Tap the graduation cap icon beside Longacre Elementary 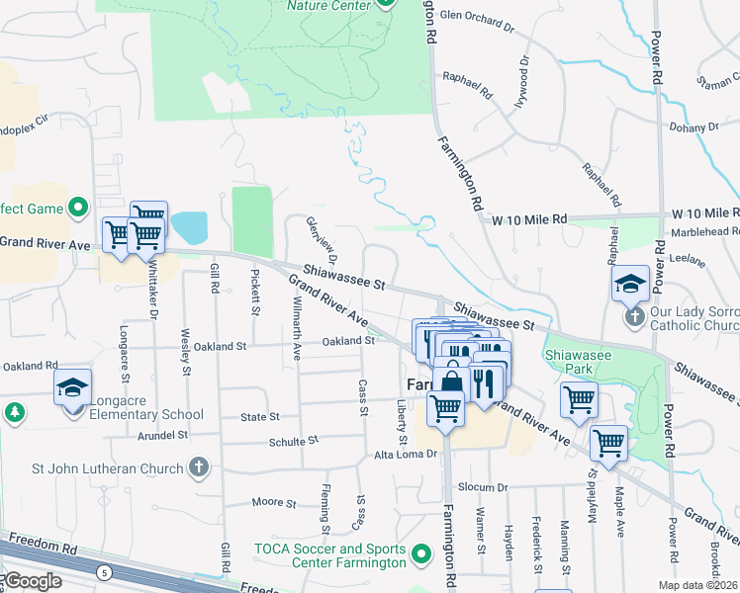tap(72, 388)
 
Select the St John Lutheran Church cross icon tap(199, 467)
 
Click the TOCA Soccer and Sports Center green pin tap(422, 555)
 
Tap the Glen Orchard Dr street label tap(478, 16)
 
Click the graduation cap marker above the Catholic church tap(630, 285)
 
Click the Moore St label tap(273, 502)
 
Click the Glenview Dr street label tap(318, 238)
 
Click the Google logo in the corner tap(32, 581)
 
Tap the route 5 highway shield tap(104, 570)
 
